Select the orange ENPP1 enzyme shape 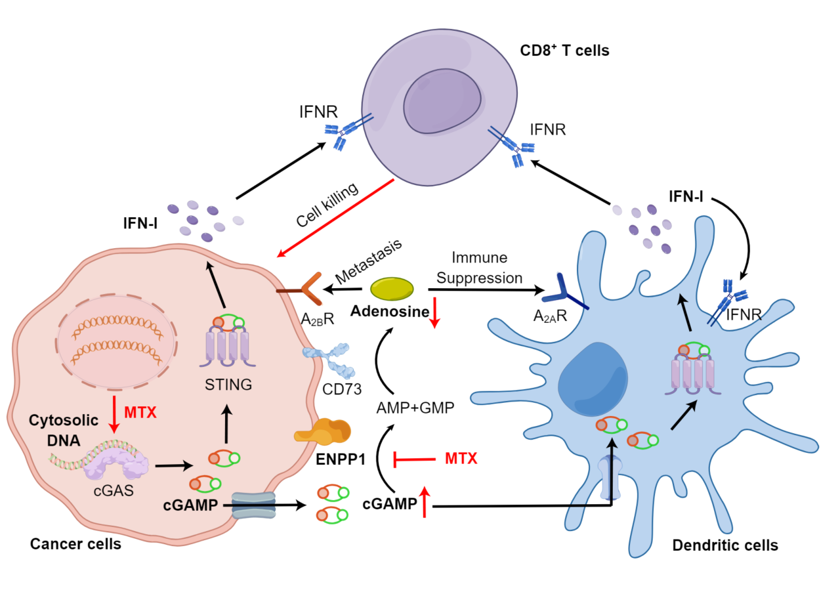(x=323, y=431)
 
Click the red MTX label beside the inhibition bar (x=460, y=458)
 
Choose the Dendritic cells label (x=725, y=545)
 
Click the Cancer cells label (x=75, y=544)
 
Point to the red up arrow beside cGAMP (x=425, y=503)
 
